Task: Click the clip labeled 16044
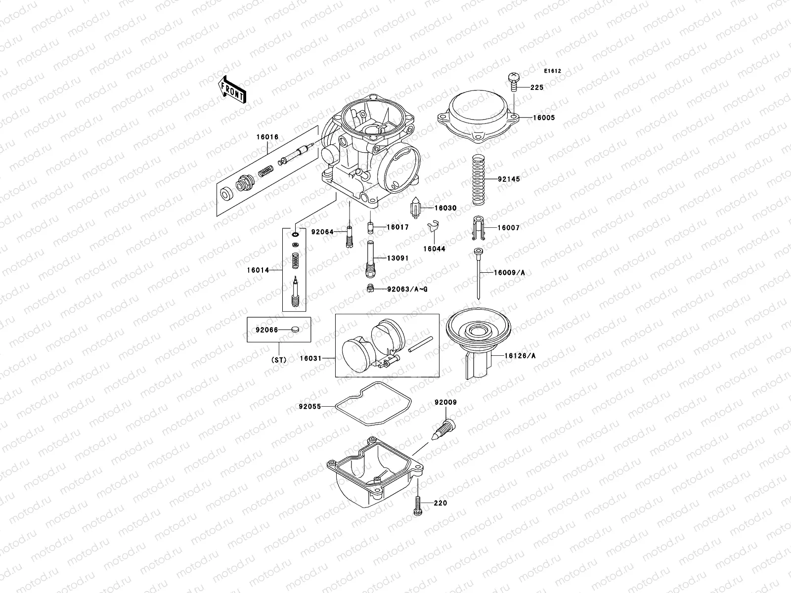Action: pyautogui.click(x=433, y=228)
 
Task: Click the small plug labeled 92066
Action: pyautogui.click(x=295, y=329)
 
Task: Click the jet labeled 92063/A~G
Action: pyautogui.click(x=370, y=289)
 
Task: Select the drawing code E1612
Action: pyautogui.click(x=553, y=71)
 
